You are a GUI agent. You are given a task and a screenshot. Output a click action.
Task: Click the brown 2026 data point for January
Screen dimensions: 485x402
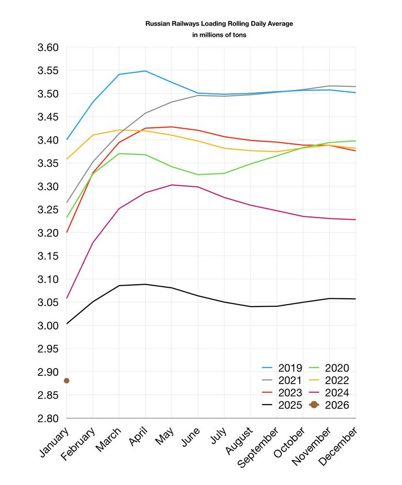coord(66,381)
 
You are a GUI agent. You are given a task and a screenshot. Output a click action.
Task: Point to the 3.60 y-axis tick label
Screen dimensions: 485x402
coord(48,48)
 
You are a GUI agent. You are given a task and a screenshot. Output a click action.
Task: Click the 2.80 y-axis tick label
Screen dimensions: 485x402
coord(48,418)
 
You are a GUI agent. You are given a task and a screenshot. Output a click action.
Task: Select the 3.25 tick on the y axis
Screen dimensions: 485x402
coord(48,210)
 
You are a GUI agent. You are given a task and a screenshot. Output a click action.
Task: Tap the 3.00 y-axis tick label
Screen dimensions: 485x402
coord(48,325)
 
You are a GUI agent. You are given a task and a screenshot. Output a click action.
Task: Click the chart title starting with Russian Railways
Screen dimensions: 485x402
coord(219,23)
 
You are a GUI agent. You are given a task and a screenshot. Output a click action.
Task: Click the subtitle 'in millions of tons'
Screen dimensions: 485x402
coord(219,35)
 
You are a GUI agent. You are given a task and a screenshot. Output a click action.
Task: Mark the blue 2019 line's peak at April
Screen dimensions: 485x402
coord(145,71)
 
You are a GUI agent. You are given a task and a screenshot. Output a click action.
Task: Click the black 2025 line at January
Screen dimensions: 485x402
coord(66,323)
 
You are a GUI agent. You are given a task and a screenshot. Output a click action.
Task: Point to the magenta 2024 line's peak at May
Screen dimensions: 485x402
coord(172,185)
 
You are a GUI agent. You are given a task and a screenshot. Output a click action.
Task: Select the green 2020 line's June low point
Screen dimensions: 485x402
coord(198,175)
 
